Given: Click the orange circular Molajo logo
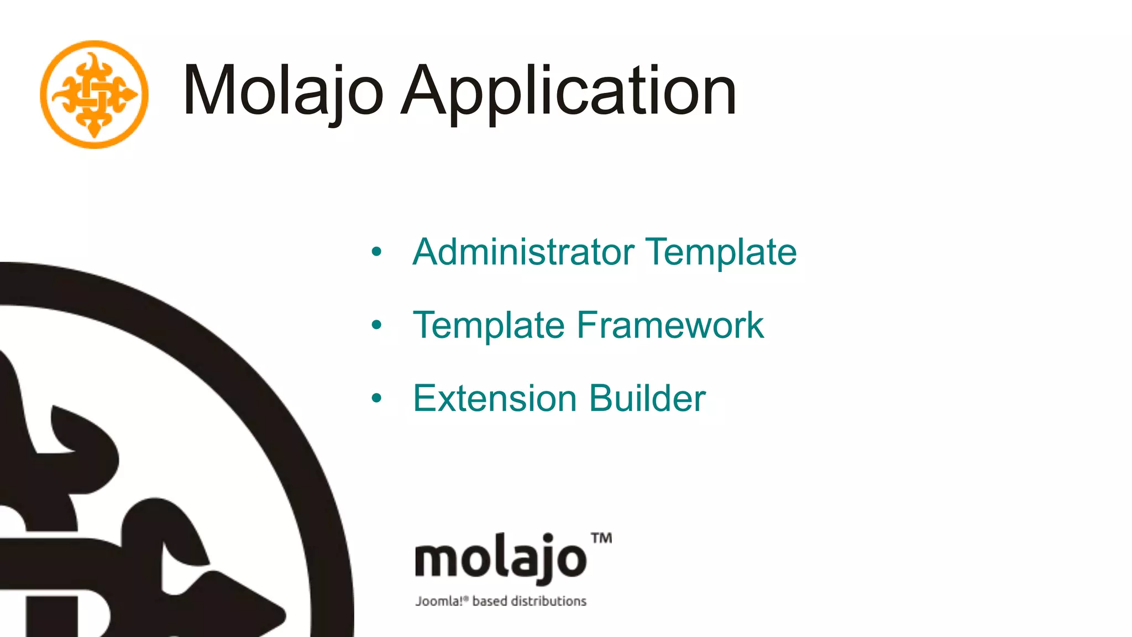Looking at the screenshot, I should tap(94, 95).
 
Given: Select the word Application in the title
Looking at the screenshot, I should tap(569, 91).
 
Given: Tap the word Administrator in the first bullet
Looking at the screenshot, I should tap(523, 252).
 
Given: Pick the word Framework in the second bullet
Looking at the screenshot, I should tap(670, 325).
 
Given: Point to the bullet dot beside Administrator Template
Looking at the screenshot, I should tap(376, 252).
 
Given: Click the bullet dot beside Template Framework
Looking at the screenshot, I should tap(376, 325).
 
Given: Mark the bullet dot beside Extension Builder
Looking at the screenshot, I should tap(376, 398).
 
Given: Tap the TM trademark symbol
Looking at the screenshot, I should tap(601, 538).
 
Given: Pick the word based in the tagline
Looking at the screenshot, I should tap(489, 601).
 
